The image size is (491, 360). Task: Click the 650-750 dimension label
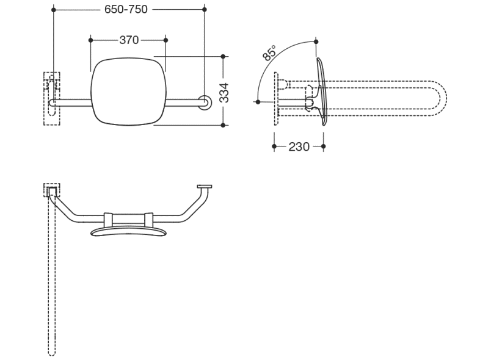(x=126, y=9)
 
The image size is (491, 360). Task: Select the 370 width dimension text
(x=129, y=40)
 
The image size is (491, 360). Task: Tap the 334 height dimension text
(x=224, y=93)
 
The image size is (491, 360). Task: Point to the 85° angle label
(x=269, y=52)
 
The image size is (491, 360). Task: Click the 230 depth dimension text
(x=299, y=146)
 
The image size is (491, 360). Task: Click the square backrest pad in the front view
(x=128, y=92)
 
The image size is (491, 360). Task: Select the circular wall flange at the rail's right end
(x=205, y=103)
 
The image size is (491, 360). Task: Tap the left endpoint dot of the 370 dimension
(x=91, y=40)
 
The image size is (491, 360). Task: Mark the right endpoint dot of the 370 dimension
(x=165, y=40)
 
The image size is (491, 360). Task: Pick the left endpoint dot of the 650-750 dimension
(x=54, y=10)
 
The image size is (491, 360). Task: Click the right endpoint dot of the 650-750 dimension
(x=205, y=10)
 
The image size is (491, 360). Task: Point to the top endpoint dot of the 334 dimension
(x=223, y=57)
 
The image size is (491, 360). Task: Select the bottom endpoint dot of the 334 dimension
(x=223, y=125)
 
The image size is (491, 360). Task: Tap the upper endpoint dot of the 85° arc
(x=316, y=41)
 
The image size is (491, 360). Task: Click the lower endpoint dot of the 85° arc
(x=258, y=102)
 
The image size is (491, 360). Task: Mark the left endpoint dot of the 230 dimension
(x=274, y=146)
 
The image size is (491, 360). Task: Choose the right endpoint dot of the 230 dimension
(x=324, y=146)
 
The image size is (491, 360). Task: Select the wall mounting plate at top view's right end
(x=205, y=187)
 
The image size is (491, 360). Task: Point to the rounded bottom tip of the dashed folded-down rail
(x=52, y=355)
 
